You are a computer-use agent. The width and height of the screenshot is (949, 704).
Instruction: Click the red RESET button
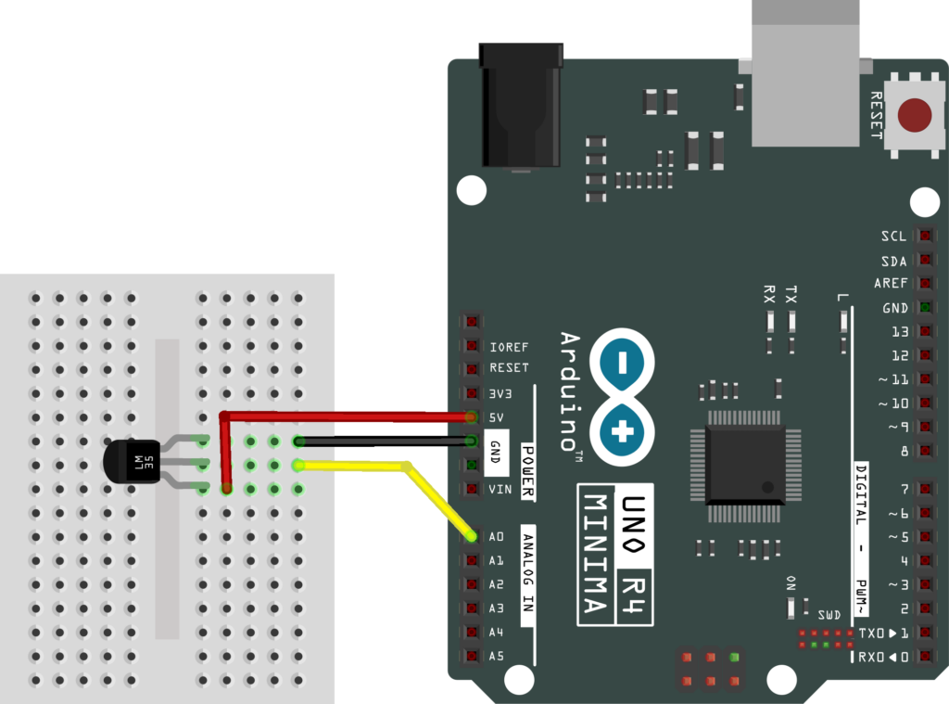916,115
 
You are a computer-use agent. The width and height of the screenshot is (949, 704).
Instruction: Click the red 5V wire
352,416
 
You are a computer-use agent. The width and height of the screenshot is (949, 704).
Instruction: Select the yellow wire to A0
352,466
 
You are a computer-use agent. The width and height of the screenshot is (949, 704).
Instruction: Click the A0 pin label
497,537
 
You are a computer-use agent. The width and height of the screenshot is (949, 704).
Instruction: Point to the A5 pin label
497,657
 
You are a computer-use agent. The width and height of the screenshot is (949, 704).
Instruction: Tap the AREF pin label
891,284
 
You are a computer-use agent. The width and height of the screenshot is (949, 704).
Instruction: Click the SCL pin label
893,237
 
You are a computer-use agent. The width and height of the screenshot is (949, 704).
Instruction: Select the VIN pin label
500,489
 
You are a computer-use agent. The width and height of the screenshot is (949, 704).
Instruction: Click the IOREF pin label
509,347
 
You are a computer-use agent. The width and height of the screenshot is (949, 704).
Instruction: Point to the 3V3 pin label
501,392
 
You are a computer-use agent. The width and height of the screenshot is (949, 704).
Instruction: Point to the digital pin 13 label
896,331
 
